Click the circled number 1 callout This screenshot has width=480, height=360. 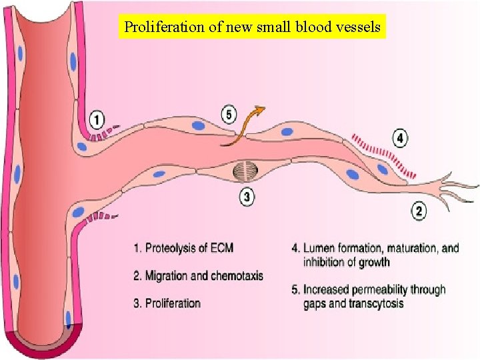97,120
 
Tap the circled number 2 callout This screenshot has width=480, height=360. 419,212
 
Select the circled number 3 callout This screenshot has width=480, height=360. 247,197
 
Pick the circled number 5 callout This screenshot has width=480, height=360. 229,115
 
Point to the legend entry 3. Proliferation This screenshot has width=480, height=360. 167,303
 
